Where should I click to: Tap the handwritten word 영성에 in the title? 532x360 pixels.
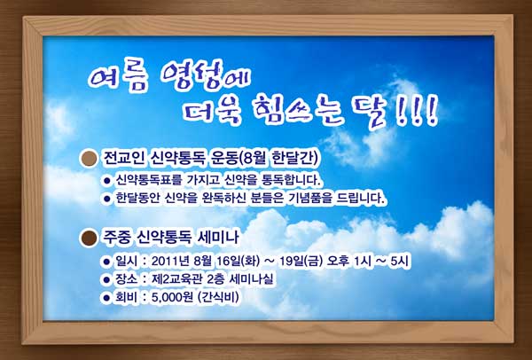206,75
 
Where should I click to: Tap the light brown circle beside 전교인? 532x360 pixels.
89,159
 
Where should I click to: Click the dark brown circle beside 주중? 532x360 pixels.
89,238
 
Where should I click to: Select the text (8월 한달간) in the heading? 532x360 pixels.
278,158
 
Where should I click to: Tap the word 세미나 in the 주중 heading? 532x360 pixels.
218,238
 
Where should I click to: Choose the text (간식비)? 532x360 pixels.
218,297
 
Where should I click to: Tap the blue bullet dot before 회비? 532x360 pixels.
106,298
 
